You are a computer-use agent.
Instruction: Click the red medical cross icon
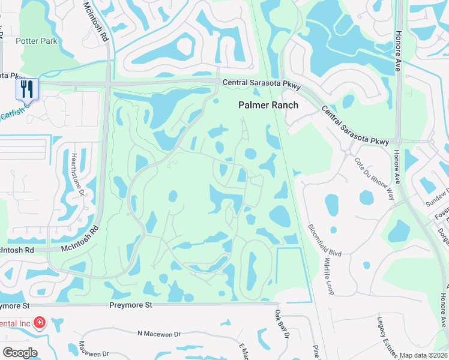pyautogui.click(x=40, y=323)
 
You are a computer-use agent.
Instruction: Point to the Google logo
pyautogui.click(x=20, y=353)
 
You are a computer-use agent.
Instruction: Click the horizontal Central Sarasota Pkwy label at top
pyautogui.click(x=261, y=83)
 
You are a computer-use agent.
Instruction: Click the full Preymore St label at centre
pyautogui.click(x=131, y=305)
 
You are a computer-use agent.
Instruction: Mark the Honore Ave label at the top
pyautogui.click(x=398, y=39)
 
